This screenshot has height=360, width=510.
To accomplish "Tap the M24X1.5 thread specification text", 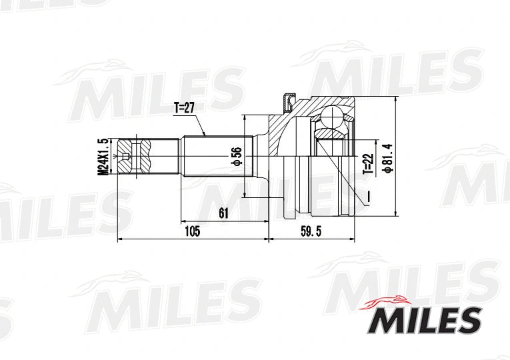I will click(x=102, y=157).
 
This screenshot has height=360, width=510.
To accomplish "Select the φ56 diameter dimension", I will click(x=235, y=157).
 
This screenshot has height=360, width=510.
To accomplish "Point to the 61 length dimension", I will click(x=223, y=213).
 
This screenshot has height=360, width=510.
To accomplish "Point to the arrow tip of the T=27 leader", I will click(x=206, y=137).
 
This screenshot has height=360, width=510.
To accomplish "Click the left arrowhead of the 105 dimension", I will click(x=118, y=238).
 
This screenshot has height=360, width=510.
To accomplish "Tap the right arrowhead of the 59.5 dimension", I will click(x=353, y=238).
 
